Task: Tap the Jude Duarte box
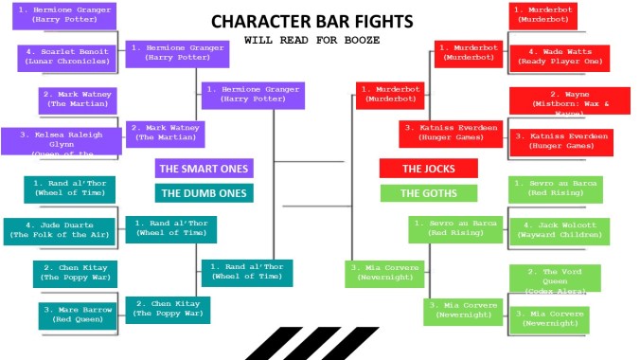click(60, 231)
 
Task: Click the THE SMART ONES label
click(204, 169)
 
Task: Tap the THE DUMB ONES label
click(204, 193)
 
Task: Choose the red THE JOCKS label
click(429, 169)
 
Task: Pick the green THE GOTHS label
click(429, 193)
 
